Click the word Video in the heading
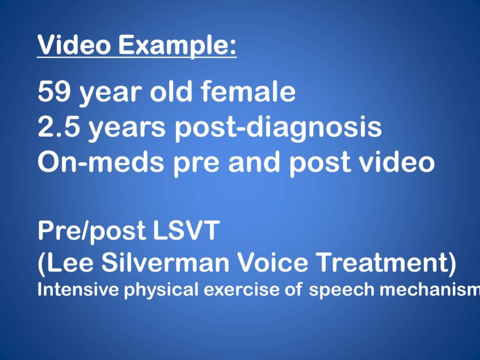[74, 45]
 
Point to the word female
[248, 91]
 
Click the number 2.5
[59, 126]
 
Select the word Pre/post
[91, 231]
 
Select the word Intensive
[78, 289]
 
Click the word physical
[161, 290]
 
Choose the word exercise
[242, 289]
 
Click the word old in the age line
[171, 91]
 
